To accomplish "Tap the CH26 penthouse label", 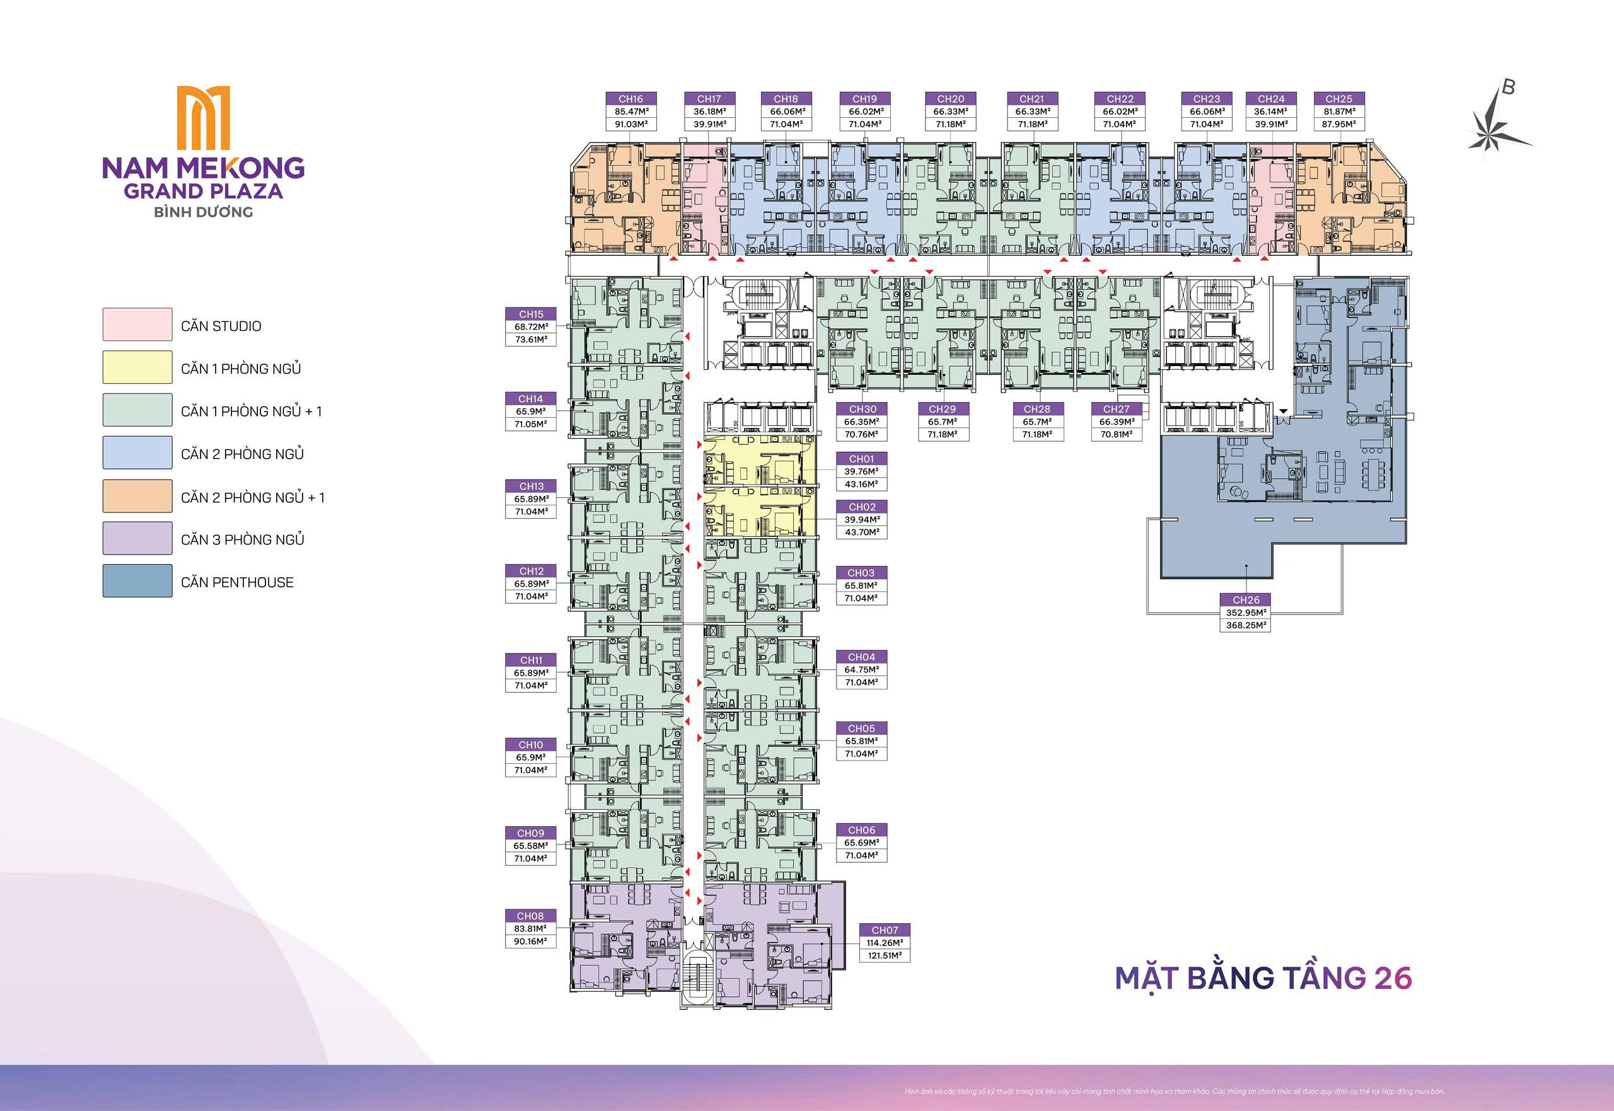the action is coord(1246,599).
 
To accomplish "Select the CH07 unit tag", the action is coord(885,930).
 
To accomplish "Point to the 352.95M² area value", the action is coord(1246,613).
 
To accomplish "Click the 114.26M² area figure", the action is coord(885,943).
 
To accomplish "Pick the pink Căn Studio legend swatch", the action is coord(137,325).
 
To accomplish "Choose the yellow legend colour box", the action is coord(137,367).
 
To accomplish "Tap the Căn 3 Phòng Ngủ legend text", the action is coord(242,539).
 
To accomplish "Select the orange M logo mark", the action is coord(203,118).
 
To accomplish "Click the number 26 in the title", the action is coord(1392,978).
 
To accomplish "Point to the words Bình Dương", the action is coord(202,212).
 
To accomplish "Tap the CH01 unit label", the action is coord(861,459).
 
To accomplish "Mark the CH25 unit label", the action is coord(1338,99).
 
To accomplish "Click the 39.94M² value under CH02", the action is coord(861,520).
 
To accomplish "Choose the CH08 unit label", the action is coord(531,916).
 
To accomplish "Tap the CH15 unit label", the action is coord(531,314).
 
